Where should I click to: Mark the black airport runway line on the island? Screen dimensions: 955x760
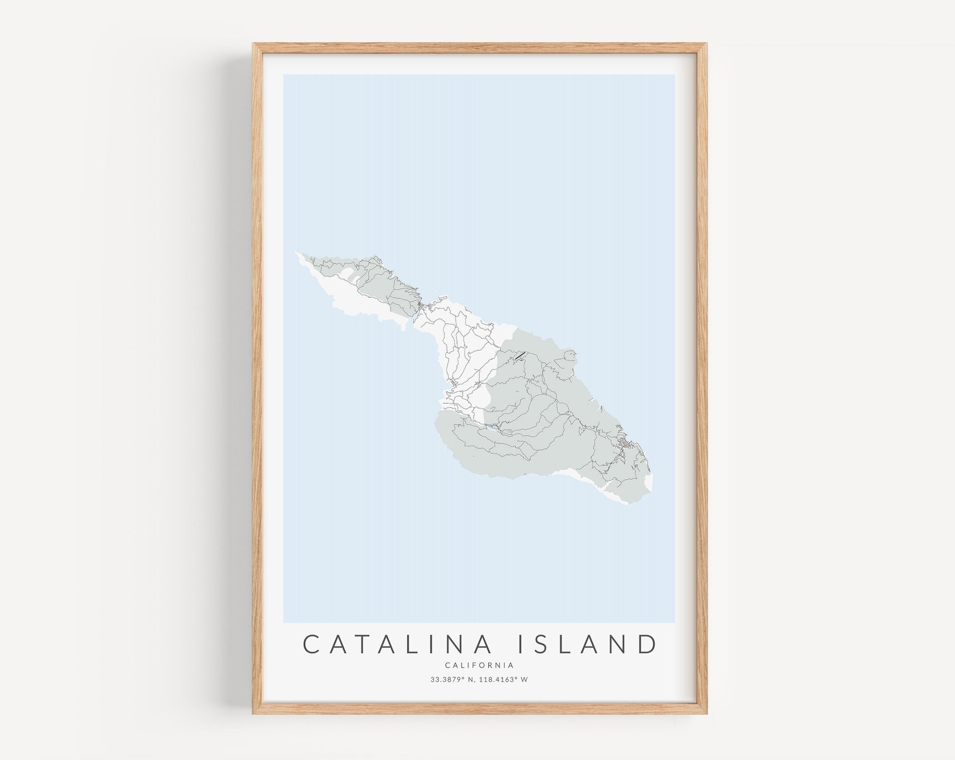click(519, 355)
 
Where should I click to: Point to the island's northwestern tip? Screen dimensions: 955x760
click(296, 253)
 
